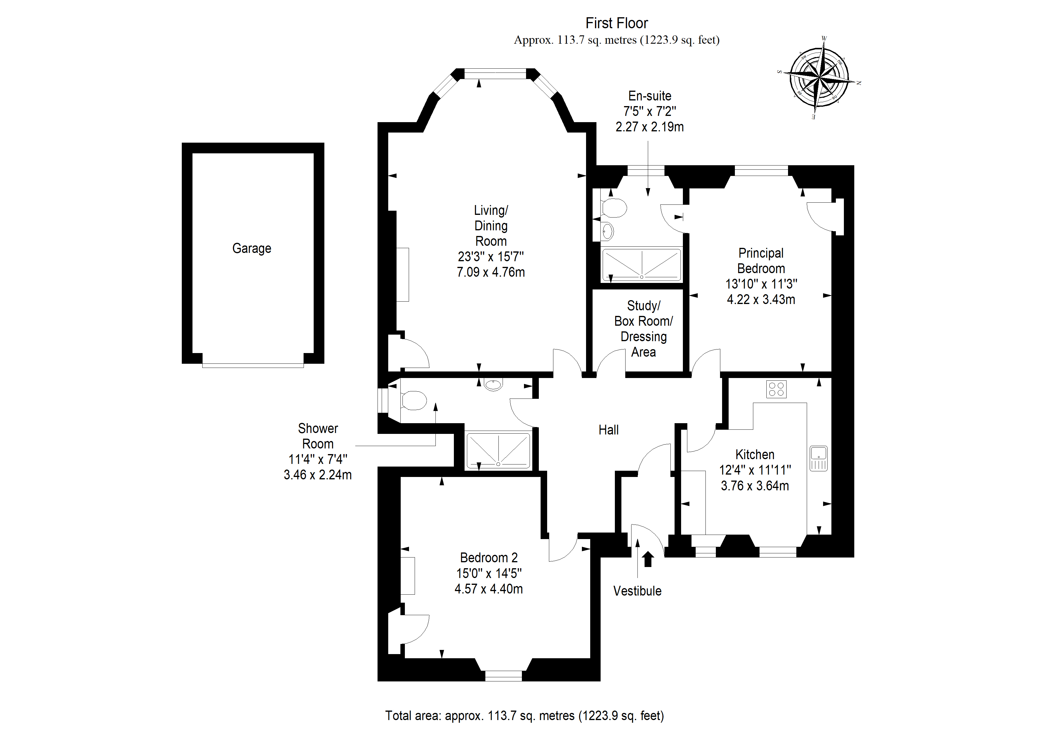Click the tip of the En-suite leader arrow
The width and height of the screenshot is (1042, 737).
tap(648, 196)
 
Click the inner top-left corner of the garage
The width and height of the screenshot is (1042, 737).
tap(192, 153)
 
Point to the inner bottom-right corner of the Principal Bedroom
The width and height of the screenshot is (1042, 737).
tap(831, 371)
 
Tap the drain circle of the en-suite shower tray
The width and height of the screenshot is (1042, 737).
tap(642, 277)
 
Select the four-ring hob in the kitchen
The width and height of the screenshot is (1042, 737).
tap(776, 389)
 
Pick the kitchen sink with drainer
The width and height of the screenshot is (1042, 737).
tap(818, 458)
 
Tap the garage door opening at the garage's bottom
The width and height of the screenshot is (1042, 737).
tap(253, 365)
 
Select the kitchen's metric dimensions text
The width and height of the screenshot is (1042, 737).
tap(755, 486)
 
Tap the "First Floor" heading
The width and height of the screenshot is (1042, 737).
tap(616, 23)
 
